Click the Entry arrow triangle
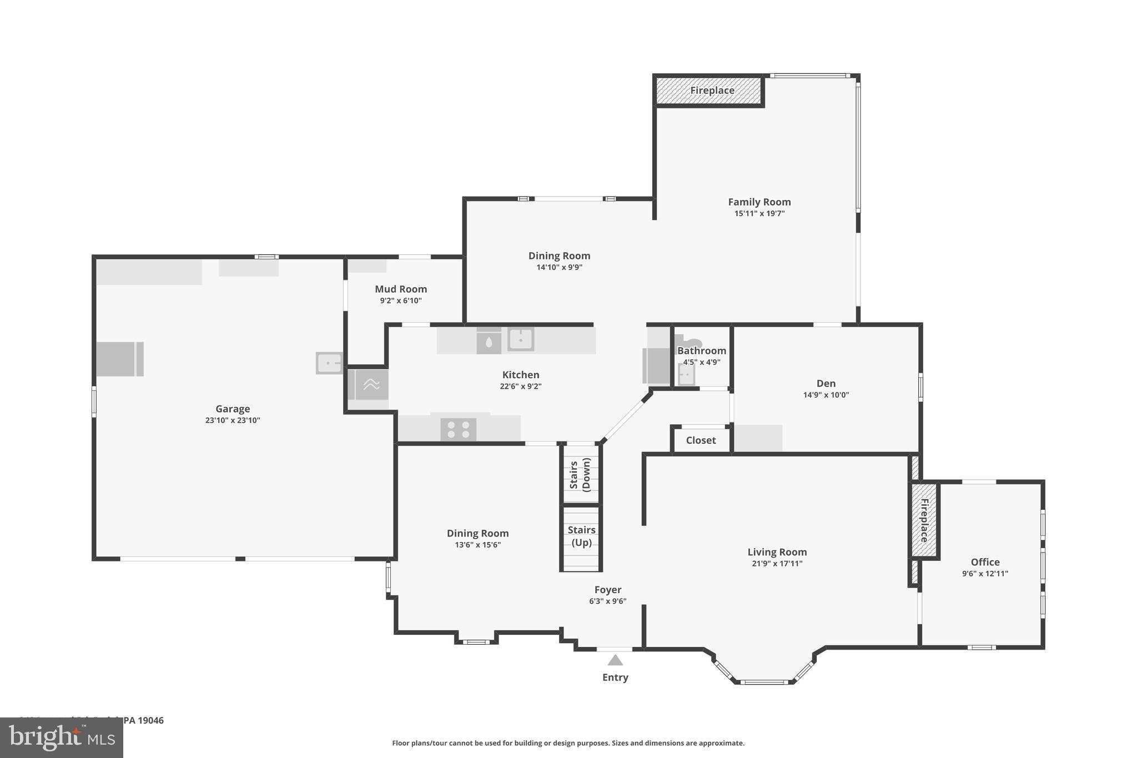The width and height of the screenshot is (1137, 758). pos(615,660)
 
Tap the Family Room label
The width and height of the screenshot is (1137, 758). pos(759,202)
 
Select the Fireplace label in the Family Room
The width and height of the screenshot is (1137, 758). pos(712,91)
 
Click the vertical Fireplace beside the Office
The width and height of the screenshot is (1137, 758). pos(924,520)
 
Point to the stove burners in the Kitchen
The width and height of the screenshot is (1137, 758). pos(458,429)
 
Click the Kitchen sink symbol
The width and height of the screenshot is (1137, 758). pos(521,339)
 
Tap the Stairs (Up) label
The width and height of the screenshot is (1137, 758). pos(581,536)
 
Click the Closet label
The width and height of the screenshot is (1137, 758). pos(701,440)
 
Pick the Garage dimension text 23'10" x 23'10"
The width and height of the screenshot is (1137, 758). pos(233,420)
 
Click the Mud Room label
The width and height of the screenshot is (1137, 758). pos(400,289)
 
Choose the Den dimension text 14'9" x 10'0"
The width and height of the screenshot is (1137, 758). pos(826,395)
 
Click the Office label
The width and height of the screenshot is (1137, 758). pos(985,562)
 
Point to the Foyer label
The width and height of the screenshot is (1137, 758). pos(607,590)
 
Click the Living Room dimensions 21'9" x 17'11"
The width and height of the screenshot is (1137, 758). pos(777,564)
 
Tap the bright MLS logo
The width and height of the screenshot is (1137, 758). pos(61,738)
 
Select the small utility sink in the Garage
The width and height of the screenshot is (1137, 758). pos(329,363)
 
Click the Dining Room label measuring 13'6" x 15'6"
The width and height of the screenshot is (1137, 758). pos(477,533)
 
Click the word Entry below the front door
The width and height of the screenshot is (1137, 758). pos(615,677)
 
